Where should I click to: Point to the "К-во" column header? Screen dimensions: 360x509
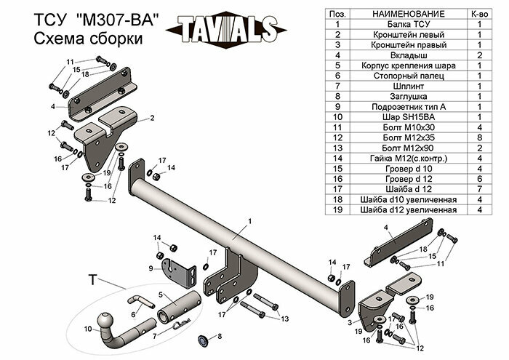pos(480,14)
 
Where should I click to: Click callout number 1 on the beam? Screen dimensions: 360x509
pos(249,220)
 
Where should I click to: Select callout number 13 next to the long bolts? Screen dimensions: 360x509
pos(285,318)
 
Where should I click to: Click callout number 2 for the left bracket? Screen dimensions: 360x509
pos(152,117)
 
